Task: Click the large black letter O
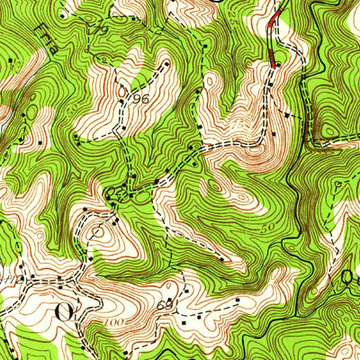pos(63,312)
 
